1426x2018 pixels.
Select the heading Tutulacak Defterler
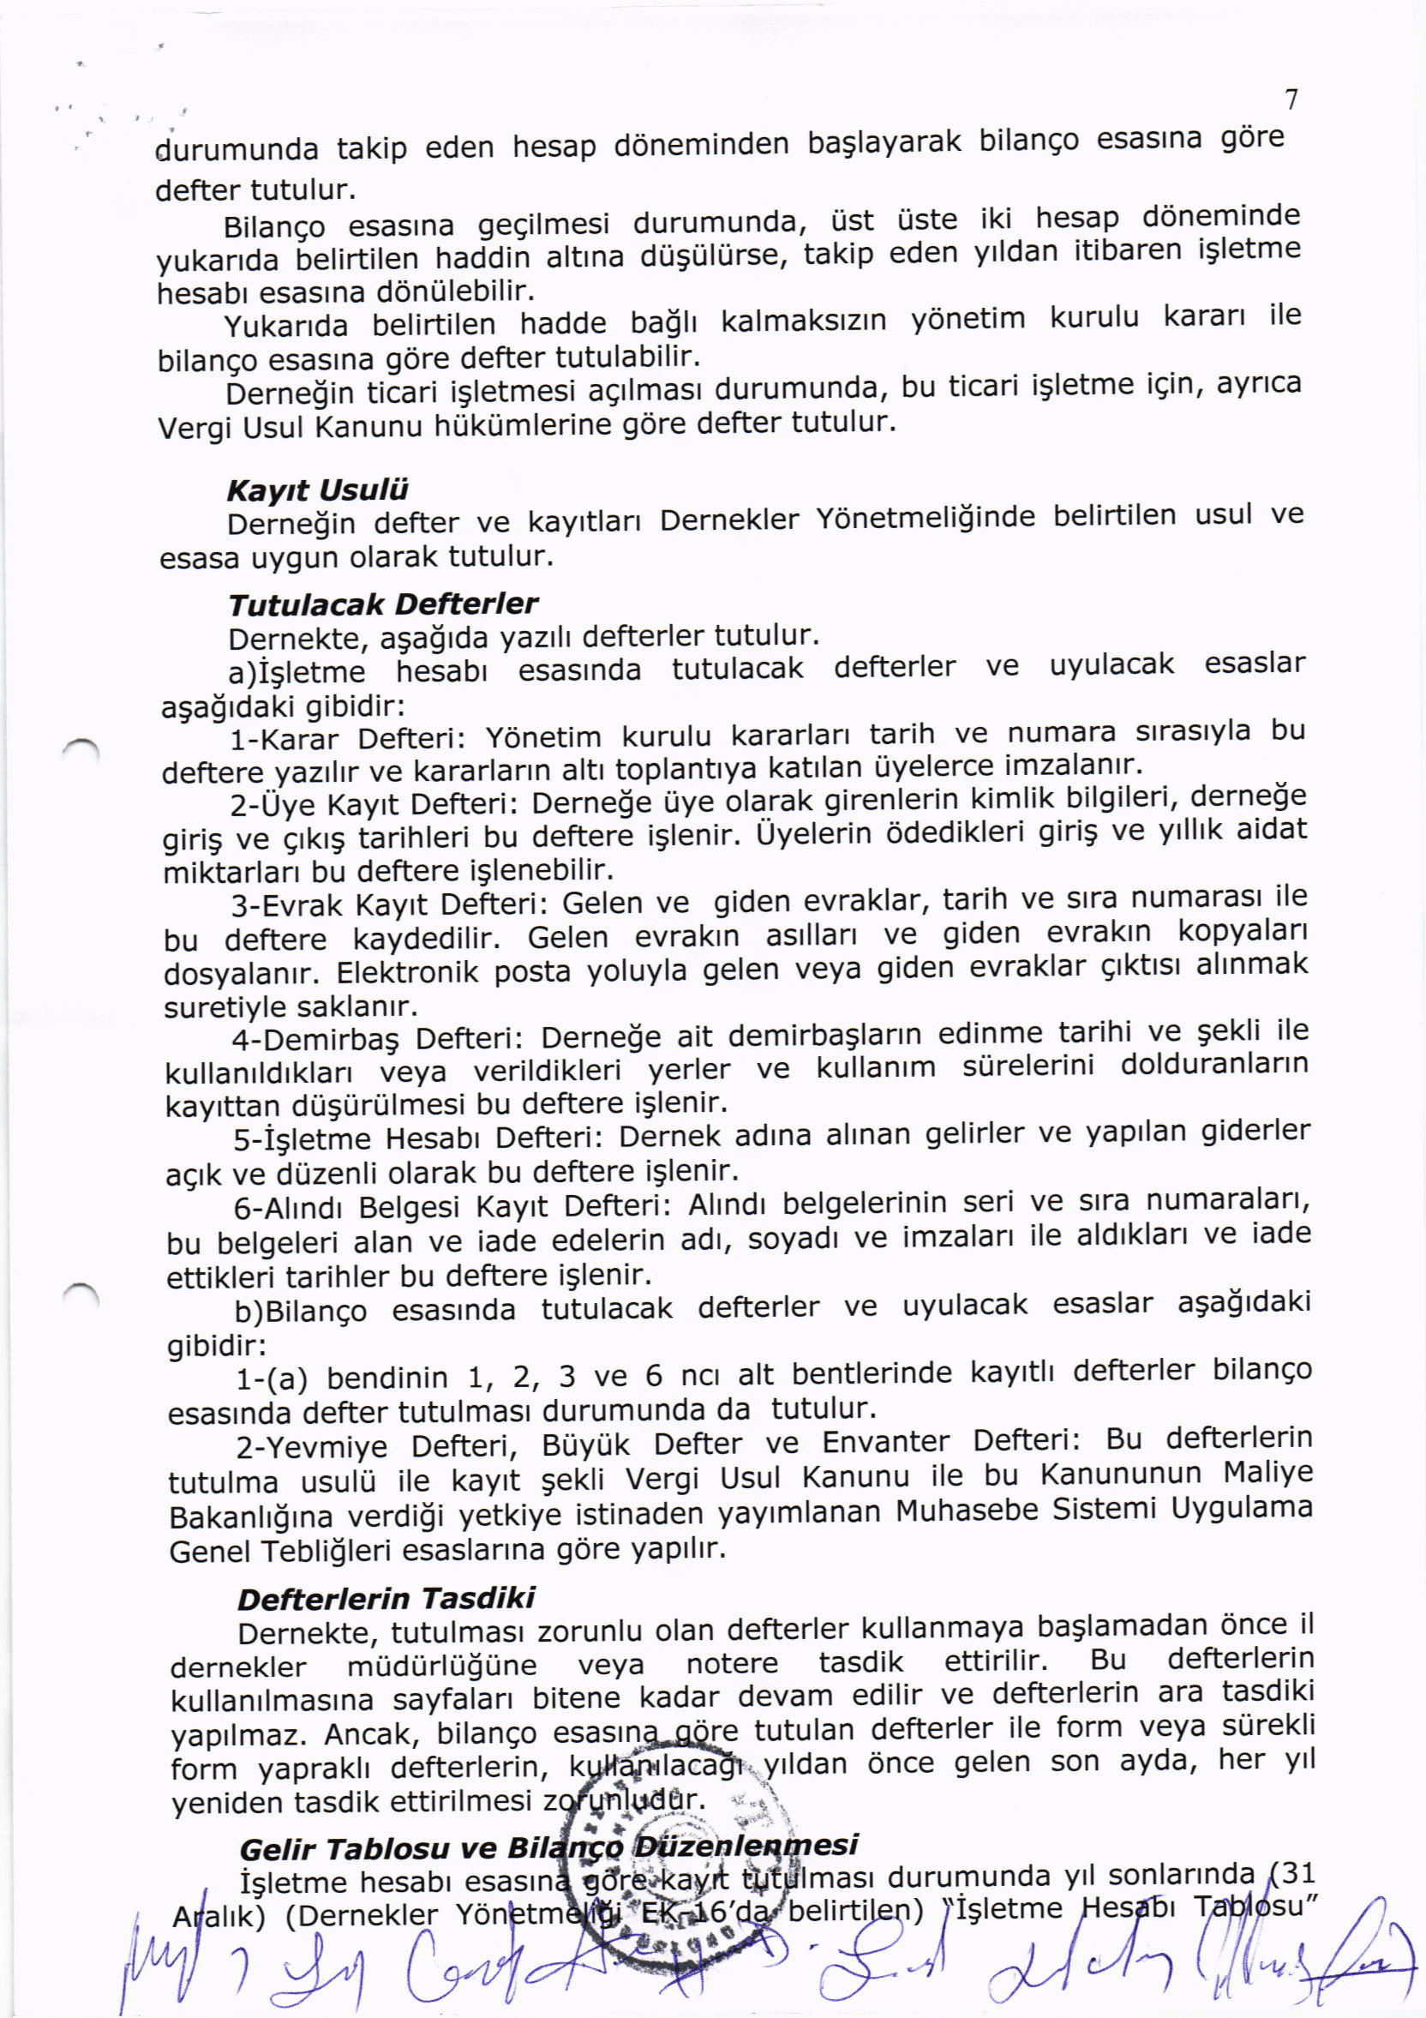click(x=382, y=604)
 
